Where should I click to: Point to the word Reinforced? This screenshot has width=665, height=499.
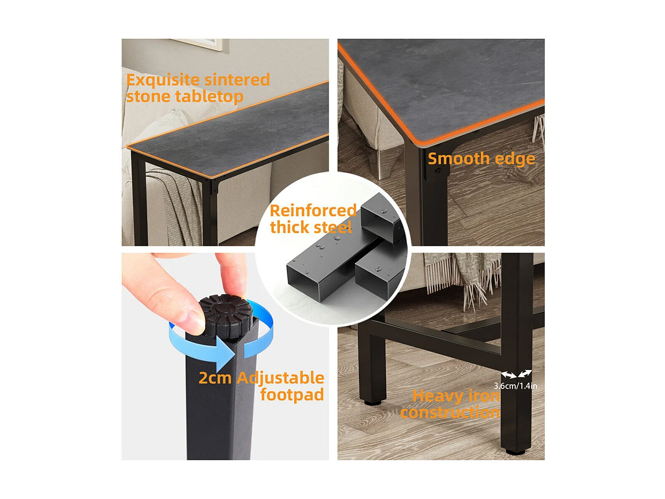click(313, 211)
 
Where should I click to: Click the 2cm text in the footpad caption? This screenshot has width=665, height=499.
click(215, 378)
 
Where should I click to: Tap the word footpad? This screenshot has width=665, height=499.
click(292, 395)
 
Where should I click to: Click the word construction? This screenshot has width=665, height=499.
click(450, 413)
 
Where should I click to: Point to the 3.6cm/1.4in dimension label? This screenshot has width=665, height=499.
click(516, 386)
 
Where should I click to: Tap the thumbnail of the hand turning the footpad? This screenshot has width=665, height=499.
click(225, 356)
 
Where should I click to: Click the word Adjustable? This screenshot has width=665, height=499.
click(280, 378)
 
